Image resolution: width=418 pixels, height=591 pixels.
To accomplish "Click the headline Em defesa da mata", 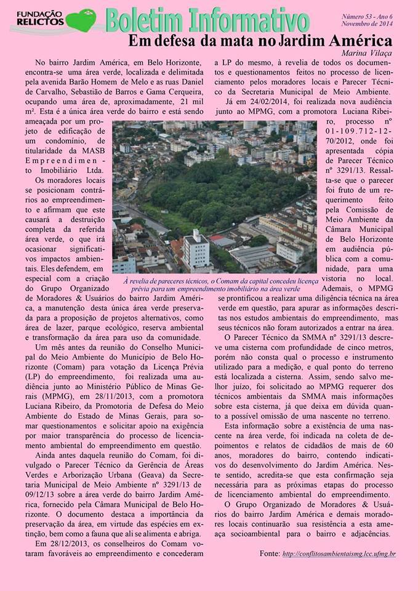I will click(x=260, y=41).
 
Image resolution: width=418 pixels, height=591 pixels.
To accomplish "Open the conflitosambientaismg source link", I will click(x=340, y=554).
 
